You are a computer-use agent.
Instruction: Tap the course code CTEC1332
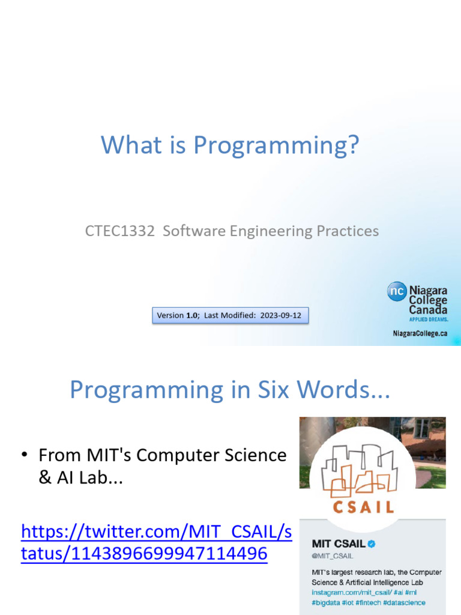point(120,231)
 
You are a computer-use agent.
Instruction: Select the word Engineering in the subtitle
point(271,231)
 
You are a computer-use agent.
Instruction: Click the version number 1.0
point(191,315)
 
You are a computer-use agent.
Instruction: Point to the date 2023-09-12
point(281,315)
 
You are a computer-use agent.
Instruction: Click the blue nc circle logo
point(397,291)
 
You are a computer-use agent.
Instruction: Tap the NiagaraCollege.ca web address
point(420,333)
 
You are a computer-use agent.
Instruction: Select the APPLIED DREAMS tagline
point(429,320)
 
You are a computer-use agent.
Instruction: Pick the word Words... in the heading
point(343,390)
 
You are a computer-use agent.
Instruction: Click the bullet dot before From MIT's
point(24,455)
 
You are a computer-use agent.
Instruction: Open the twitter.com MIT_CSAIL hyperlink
point(157,542)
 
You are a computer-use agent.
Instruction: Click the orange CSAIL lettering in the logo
point(363,507)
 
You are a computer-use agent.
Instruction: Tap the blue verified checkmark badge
point(372,544)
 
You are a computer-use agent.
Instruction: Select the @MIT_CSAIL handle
point(333,556)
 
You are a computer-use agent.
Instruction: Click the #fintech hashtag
point(368,602)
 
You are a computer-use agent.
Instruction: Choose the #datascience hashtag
point(404,602)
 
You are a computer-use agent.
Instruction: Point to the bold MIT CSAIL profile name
point(339,544)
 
